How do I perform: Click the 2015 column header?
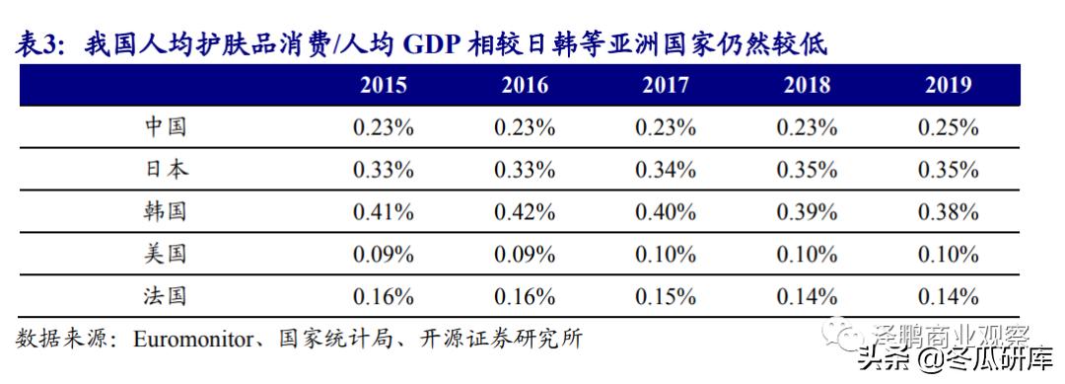coord(384,85)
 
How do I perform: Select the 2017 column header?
coord(666,85)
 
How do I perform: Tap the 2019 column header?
coord(948,85)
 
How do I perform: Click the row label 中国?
coord(165,127)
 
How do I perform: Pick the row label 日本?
coord(165,170)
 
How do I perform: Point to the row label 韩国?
coord(165,211)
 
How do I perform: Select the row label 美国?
coord(165,254)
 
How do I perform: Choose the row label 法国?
coord(165,296)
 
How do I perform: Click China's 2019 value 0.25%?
coord(948,127)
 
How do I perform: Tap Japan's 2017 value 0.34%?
coord(666,170)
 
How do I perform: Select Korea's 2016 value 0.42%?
coord(525,211)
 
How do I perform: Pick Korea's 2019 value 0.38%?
coord(948,211)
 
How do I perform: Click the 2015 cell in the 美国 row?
coord(384,254)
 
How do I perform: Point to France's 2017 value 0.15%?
coord(666,296)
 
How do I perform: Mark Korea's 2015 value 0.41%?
coord(384,211)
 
